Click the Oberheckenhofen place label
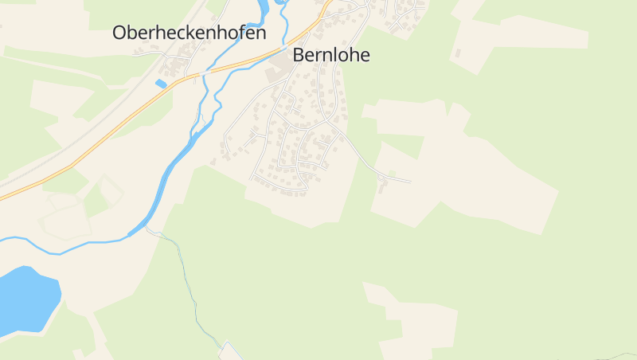point(189,33)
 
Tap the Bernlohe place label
point(331,55)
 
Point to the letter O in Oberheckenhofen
point(121,33)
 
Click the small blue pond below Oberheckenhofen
point(161,84)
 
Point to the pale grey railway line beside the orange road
point(80,143)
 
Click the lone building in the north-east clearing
point(457,54)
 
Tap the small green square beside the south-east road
point(391,173)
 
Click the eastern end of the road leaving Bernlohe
point(410,182)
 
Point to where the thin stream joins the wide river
point(147,229)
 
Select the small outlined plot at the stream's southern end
point(231,350)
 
